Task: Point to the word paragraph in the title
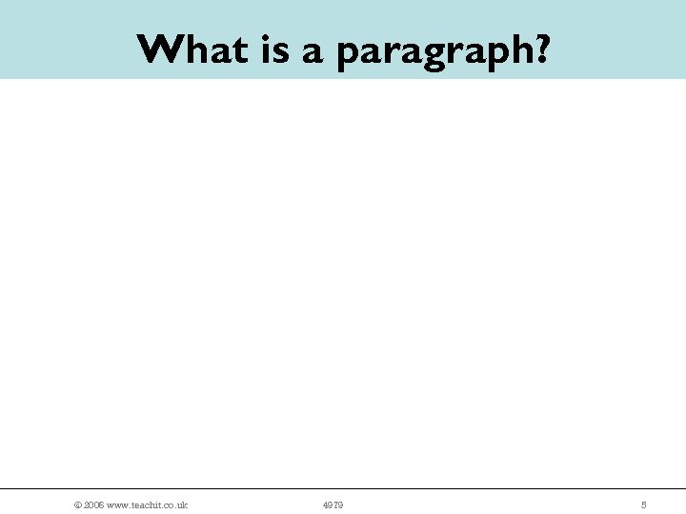tap(435, 51)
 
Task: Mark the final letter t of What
tap(243, 49)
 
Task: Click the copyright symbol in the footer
tap(77, 504)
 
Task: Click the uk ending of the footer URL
tap(183, 504)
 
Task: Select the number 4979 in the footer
tap(333, 504)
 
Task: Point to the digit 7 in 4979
tap(335, 504)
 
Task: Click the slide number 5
tap(643, 504)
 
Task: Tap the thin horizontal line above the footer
tap(343, 489)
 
